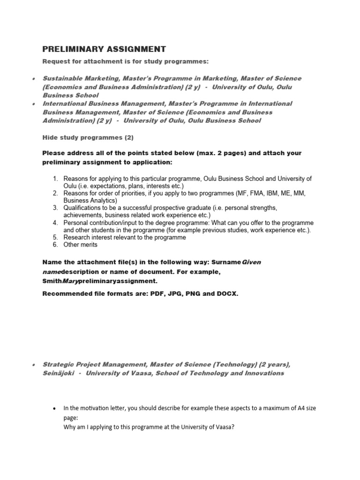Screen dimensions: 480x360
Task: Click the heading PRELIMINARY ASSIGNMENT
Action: (x=104, y=49)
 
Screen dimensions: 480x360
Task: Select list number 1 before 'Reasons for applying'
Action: (x=55, y=179)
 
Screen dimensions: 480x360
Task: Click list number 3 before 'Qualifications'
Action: (x=55, y=208)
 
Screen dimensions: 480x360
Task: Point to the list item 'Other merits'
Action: (x=81, y=245)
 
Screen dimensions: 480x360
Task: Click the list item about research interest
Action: (x=125, y=237)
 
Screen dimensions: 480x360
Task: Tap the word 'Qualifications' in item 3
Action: (x=83, y=208)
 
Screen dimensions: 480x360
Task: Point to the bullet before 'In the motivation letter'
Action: (x=56, y=409)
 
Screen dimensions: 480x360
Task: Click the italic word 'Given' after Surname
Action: (x=251, y=262)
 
